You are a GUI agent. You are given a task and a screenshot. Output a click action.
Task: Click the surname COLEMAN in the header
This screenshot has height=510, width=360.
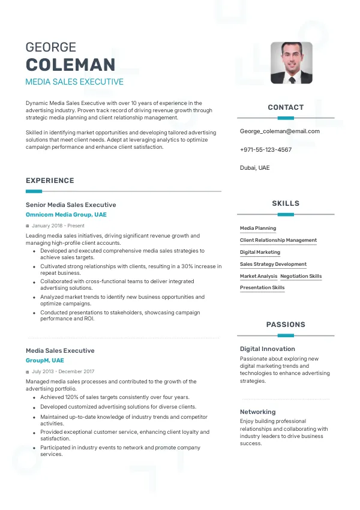[x=70, y=65]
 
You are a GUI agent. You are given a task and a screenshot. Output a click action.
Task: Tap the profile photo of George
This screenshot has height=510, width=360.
[x=292, y=62]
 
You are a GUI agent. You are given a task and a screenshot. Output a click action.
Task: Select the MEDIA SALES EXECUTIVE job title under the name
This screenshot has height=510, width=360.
[x=74, y=82]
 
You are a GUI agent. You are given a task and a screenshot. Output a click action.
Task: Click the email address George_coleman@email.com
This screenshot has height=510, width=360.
[x=280, y=131]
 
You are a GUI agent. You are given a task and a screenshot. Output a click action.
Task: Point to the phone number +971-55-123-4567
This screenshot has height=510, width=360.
[x=266, y=149]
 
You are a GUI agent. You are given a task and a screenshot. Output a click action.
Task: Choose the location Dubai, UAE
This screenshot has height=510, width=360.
[x=254, y=168]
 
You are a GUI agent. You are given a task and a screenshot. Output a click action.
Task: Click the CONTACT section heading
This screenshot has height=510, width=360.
[x=286, y=107]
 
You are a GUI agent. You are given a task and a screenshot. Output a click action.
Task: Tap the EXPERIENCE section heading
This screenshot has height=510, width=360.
[x=50, y=181]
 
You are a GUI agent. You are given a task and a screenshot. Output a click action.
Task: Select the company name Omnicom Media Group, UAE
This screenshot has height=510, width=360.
[x=66, y=214]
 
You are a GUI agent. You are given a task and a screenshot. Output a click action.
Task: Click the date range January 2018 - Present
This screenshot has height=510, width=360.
[x=58, y=226]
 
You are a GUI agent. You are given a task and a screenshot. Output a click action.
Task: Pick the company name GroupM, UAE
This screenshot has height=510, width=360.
[x=45, y=361]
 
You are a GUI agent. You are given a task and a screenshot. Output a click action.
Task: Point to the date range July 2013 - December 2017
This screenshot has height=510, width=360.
[x=63, y=372]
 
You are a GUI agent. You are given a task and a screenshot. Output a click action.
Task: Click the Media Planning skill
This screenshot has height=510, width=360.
[x=258, y=228]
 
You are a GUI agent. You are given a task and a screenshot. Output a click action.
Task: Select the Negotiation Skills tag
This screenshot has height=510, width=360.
[x=301, y=276]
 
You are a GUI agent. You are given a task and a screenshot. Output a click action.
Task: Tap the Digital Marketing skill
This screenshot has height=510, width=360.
[x=260, y=252]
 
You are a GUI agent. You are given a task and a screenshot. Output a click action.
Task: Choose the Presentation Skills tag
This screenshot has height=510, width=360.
[x=262, y=288]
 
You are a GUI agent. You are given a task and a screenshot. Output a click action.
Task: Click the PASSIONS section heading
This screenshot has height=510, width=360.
[x=286, y=325]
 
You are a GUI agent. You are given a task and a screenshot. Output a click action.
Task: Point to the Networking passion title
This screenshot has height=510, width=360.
[x=258, y=412]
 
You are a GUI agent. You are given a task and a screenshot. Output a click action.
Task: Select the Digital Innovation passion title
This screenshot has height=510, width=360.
[x=268, y=349]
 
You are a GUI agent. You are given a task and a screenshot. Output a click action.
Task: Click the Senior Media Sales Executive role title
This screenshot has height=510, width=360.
[x=71, y=205]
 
